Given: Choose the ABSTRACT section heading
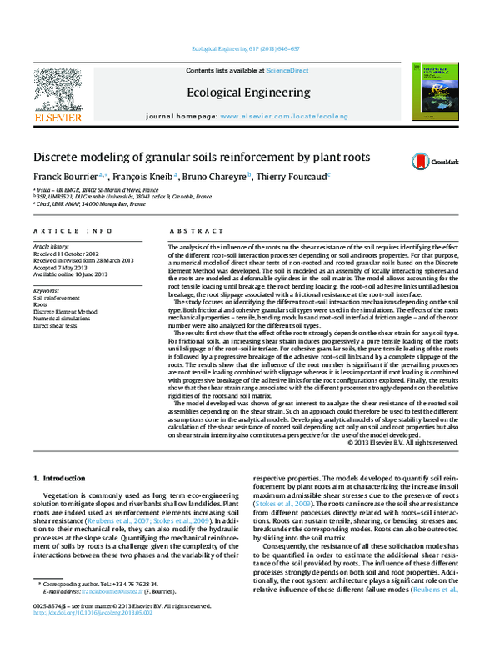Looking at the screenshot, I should click(190, 230).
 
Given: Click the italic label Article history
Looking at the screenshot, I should click(51, 248).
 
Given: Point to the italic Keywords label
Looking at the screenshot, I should click(47, 289).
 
